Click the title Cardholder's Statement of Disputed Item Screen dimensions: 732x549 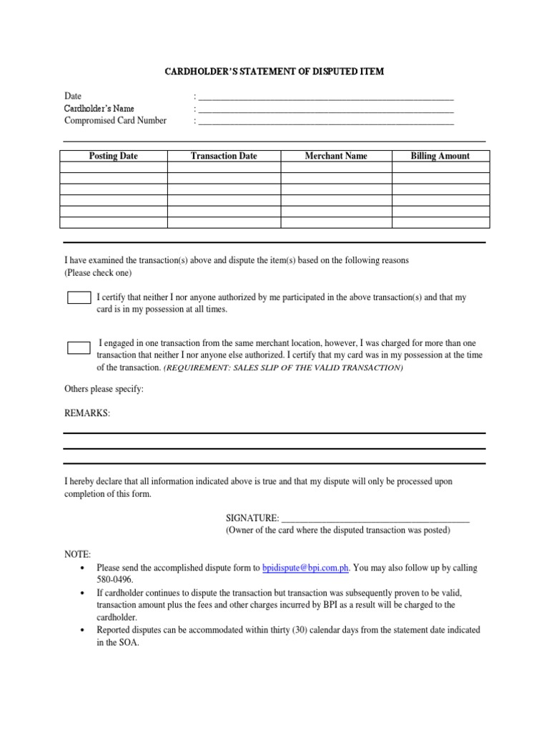point(274,71)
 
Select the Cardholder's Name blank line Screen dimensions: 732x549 point(326,110)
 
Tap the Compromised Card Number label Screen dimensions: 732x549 point(115,120)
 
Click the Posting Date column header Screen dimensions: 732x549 point(113,156)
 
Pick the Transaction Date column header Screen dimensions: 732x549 point(224,156)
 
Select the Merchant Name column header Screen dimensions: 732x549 point(336,156)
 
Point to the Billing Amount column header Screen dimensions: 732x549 point(440,156)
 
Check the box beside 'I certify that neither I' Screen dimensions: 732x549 point(79,297)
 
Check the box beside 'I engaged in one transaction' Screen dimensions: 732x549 point(79,348)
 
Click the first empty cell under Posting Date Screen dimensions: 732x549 point(113,167)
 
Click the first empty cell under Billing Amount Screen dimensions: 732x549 point(440,167)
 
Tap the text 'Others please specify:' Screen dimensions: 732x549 point(104,389)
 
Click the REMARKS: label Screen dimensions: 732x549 point(87,414)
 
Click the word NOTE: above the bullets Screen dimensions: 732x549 point(77,554)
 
